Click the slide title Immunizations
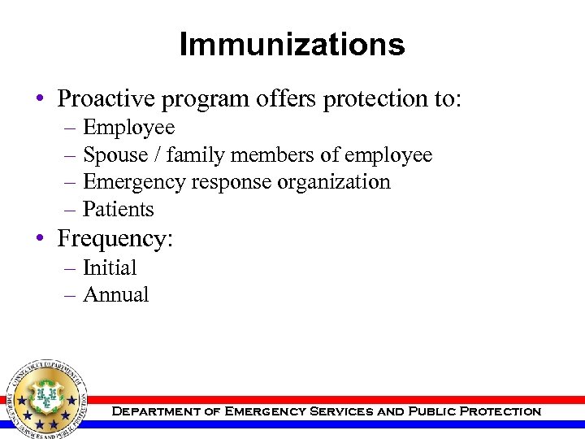pos(292,44)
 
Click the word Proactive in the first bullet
pos(107,98)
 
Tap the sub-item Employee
pos(128,128)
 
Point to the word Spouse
pos(115,155)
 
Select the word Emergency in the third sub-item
pos(134,182)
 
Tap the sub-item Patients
pos(119,210)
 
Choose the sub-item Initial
pos(110,267)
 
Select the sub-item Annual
pos(115,294)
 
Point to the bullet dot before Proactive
pos(39,100)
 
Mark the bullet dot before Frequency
pos(39,240)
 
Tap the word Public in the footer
pos(431,411)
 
